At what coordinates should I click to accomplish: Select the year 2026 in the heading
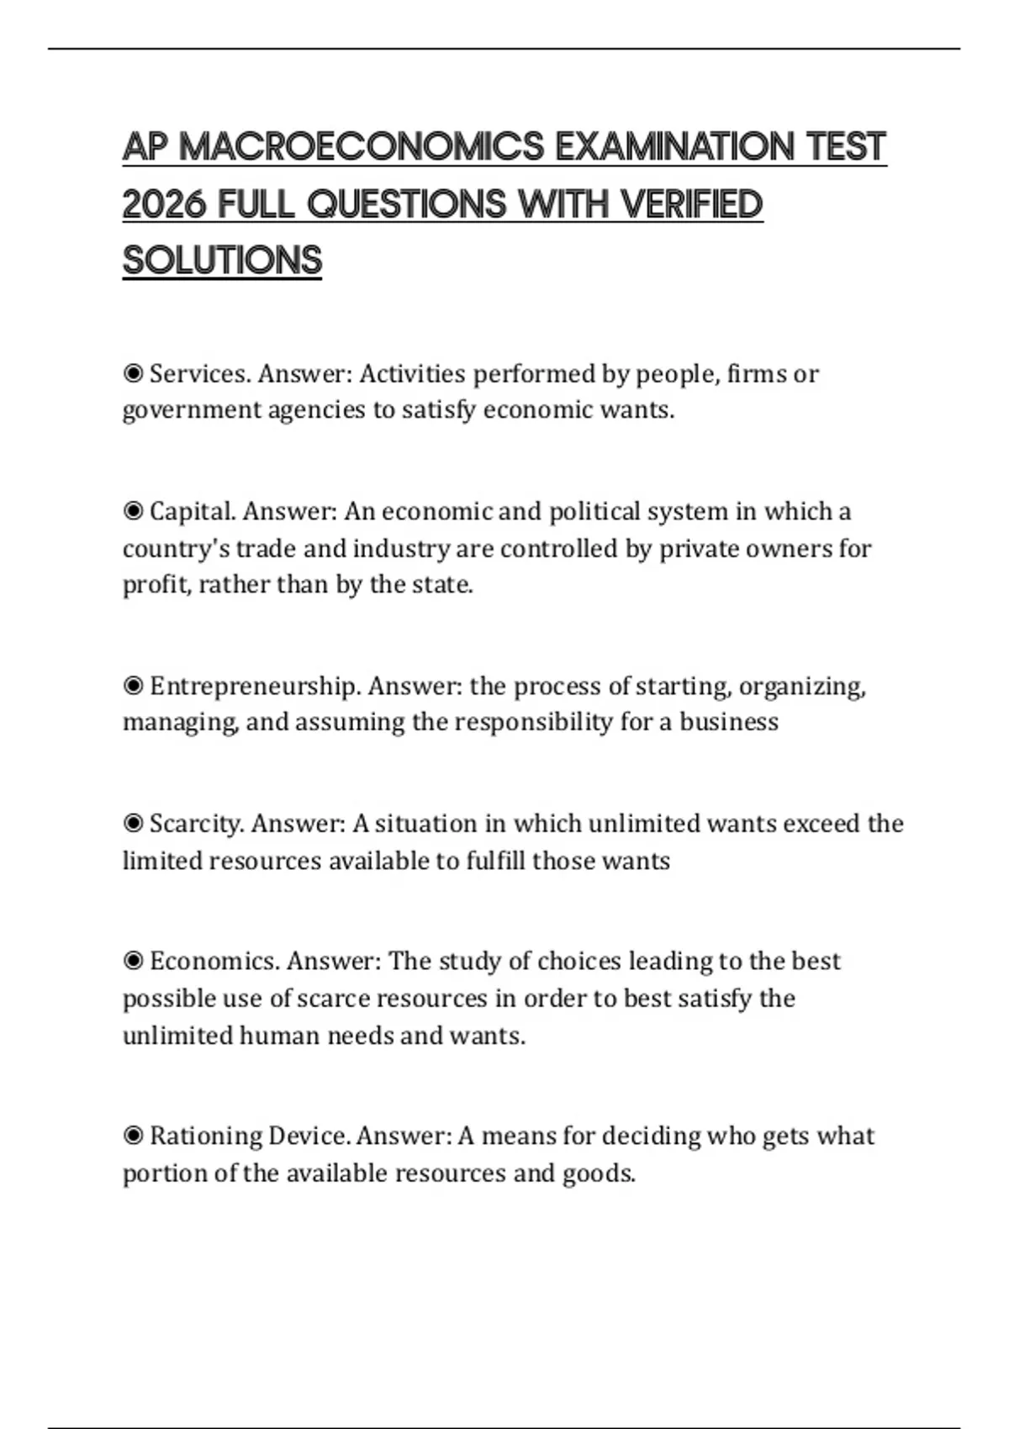pyautogui.click(x=164, y=203)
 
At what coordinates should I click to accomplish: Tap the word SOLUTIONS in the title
pyautogui.click(x=222, y=260)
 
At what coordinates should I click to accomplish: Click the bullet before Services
pyautogui.click(x=133, y=373)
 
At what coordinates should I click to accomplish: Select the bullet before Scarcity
pyautogui.click(x=133, y=823)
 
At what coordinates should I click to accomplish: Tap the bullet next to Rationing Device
pyautogui.click(x=133, y=1136)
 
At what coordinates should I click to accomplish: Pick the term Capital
pyautogui.click(x=193, y=511)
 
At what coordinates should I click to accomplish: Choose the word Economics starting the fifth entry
pyautogui.click(x=215, y=961)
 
